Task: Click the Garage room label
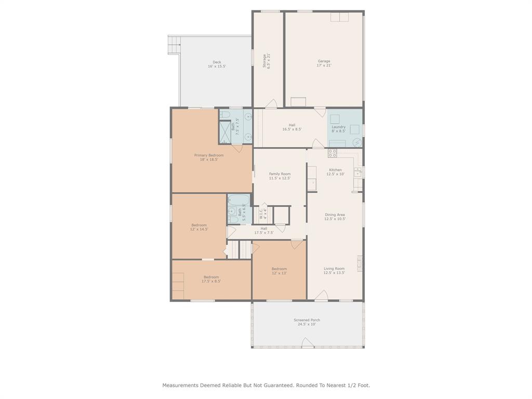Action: (324, 63)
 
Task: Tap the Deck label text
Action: (217, 64)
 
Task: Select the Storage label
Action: (267, 61)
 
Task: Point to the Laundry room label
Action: (338, 129)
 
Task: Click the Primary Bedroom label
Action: (209, 157)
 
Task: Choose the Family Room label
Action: (280, 176)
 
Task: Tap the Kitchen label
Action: (335, 172)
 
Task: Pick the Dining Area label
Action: (335, 217)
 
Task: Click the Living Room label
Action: (334, 271)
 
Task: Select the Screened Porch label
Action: (307, 322)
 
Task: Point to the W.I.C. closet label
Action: (263, 213)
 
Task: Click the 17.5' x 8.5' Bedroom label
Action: (211, 279)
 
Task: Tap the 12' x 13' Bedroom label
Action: (279, 271)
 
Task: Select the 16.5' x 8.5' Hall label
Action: (292, 127)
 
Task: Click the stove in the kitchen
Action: (332, 153)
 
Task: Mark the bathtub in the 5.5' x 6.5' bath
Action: (240, 199)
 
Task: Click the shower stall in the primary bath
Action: (224, 132)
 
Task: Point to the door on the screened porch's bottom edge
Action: (308, 343)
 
